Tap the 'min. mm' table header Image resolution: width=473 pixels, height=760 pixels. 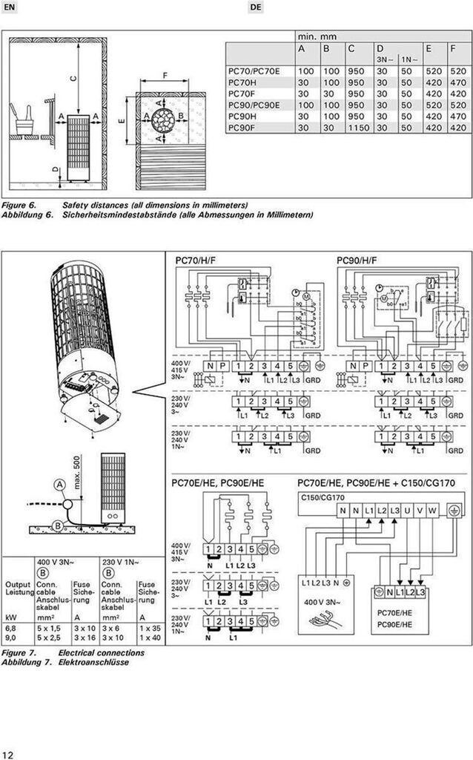point(317,36)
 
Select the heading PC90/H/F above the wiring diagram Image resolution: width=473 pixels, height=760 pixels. point(357,261)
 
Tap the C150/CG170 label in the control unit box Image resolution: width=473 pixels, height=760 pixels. point(323,497)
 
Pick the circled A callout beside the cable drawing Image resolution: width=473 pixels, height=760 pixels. point(59,484)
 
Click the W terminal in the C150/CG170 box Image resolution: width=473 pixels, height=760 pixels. point(431,511)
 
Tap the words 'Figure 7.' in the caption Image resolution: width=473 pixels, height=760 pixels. point(18,652)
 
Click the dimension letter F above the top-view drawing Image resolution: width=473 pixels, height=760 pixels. point(164,74)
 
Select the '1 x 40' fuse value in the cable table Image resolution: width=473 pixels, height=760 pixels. point(149,636)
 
